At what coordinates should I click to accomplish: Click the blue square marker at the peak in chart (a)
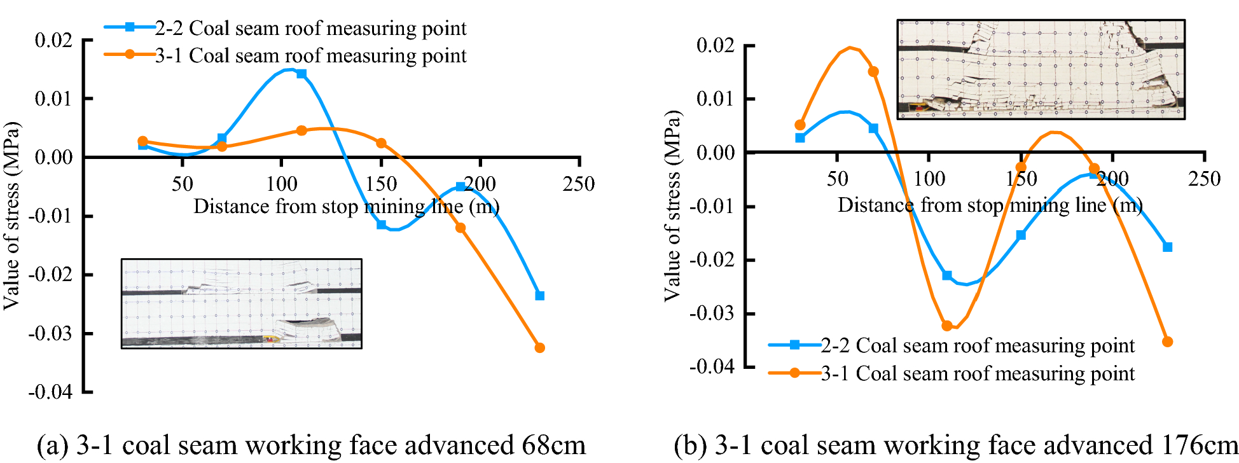(x=301, y=74)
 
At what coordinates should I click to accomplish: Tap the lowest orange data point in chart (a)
(x=540, y=348)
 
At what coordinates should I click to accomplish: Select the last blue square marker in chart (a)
(x=540, y=296)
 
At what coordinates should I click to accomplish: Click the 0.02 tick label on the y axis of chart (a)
(x=53, y=41)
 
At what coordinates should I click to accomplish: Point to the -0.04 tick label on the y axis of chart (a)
(x=50, y=392)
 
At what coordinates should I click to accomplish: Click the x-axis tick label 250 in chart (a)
(x=579, y=184)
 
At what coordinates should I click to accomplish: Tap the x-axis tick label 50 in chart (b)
(x=837, y=179)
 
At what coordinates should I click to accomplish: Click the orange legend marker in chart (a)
(x=130, y=55)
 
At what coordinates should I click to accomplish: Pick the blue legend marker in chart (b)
(x=794, y=345)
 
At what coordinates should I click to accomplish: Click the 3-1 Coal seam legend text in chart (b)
(x=978, y=373)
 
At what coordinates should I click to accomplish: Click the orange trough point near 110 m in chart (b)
(x=947, y=326)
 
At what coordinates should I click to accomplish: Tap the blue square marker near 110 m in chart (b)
(x=947, y=275)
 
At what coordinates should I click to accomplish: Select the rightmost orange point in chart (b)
(x=1167, y=342)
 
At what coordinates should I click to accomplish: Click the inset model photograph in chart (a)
(x=242, y=303)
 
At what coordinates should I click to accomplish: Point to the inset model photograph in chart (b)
(x=1041, y=69)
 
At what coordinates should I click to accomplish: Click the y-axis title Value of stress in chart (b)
(x=672, y=205)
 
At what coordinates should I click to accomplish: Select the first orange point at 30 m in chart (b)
(x=800, y=125)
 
